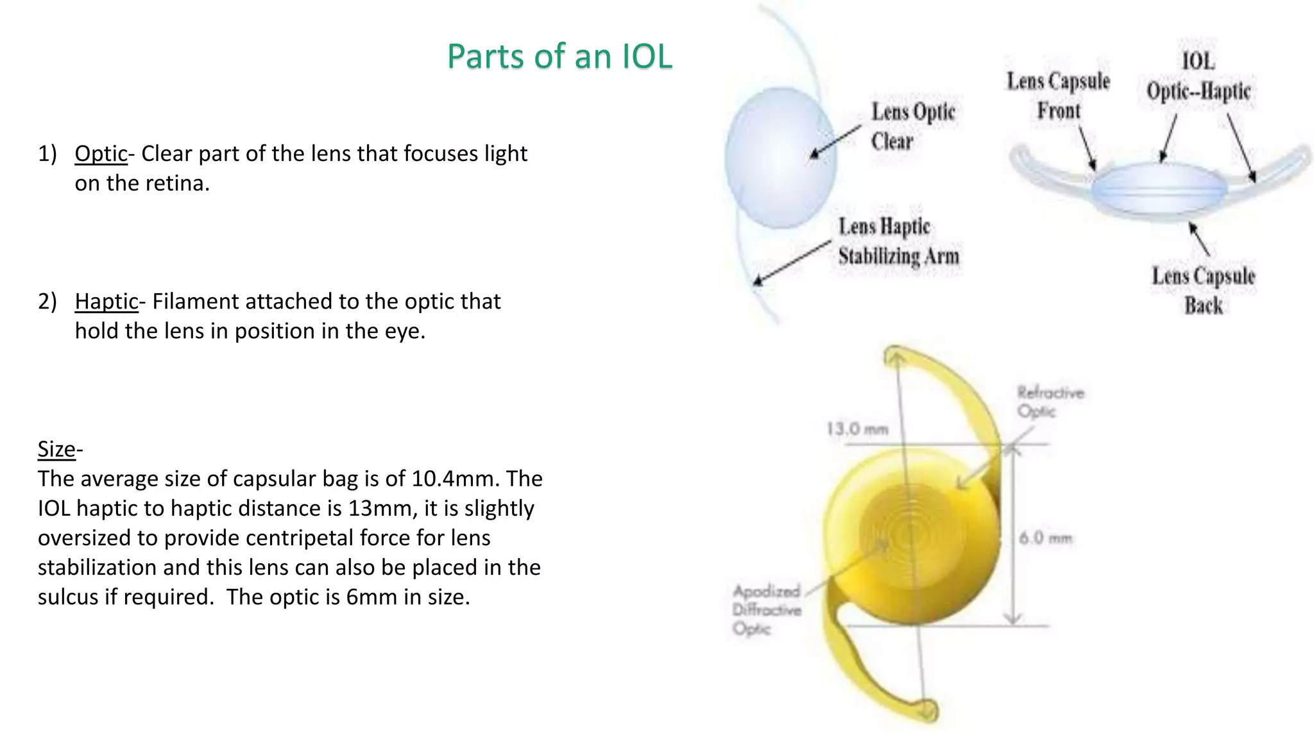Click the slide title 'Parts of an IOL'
click(559, 56)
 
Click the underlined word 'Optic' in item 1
click(101, 154)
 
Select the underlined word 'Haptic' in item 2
click(107, 302)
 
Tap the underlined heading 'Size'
click(56, 449)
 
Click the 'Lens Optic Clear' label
click(912, 126)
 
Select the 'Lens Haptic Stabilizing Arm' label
click(898, 241)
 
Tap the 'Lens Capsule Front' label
click(1058, 96)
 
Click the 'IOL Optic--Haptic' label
click(1199, 77)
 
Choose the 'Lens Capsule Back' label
click(1203, 291)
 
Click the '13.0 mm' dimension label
click(857, 429)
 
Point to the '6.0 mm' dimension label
click(1046, 538)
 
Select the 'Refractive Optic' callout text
click(1050, 402)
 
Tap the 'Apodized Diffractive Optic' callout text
click(767, 609)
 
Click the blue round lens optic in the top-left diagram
click(780, 158)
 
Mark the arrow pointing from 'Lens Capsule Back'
click(1199, 239)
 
